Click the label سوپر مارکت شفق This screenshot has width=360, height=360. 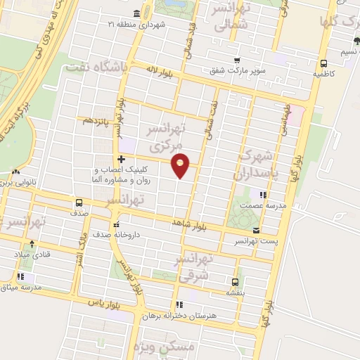pos(236,70)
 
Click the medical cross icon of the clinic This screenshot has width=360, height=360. pos(122,159)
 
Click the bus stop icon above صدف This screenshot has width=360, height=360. pos(77,200)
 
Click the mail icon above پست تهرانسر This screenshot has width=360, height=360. pos(255,230)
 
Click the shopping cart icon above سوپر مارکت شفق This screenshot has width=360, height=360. pos(236,60)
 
